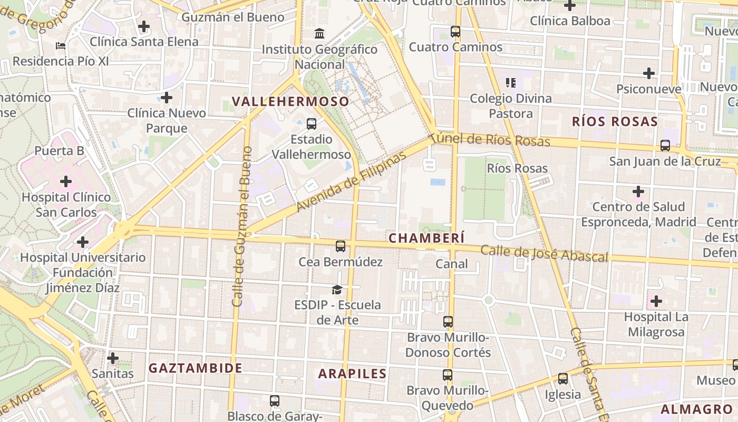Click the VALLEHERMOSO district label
pos(290,101)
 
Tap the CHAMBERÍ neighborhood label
pos(426,238)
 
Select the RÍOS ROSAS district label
pos(615,122)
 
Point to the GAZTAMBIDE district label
pos(196,368)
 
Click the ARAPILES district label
pos(353,373)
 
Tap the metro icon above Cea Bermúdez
pos(341,246)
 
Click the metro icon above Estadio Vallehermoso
pos(312,124)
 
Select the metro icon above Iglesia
pos(563,379)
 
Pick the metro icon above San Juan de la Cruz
pos(665,146)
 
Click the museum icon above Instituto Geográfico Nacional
pos(319,34)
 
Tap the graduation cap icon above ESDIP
pos(337,289)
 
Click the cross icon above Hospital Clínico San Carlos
pos(66,182)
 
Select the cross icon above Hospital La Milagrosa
pos(656,301)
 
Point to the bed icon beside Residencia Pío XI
pos(61,46)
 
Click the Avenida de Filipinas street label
pos(352,181)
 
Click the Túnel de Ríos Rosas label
pos(490,140)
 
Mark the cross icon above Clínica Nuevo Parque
pos(167,98)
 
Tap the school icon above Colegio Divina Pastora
pos(511,82)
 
